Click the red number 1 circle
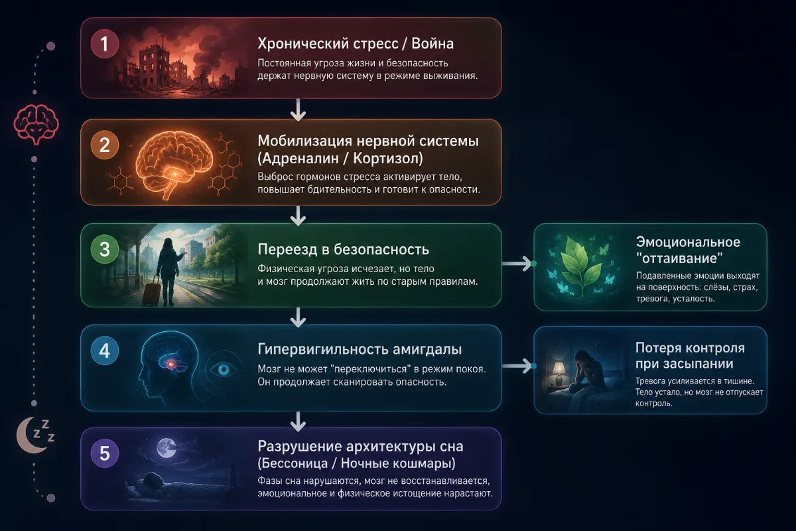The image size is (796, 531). tap(105, 44)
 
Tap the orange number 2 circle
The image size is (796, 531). tap(105, 145)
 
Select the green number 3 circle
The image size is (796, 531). tap(105, 250)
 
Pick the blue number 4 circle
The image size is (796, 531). tap(105, 351)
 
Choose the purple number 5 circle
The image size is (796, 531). tap(105, 453)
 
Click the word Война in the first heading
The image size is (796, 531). tap(432, 44)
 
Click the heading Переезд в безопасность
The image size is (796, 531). tap(344, 250)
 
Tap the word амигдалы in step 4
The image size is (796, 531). tap(427, 350)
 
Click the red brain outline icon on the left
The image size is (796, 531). tap(36, 124)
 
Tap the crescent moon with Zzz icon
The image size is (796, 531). tap(36, 435)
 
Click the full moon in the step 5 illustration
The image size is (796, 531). tap(166, 448)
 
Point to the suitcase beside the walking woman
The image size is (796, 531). tap(151, 291)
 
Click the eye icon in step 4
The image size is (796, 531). tap(224, 370)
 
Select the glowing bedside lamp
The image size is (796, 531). tap(559, 373)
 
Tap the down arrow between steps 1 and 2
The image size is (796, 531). tap(298, 110)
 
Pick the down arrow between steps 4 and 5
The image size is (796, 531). tap(298, 421)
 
